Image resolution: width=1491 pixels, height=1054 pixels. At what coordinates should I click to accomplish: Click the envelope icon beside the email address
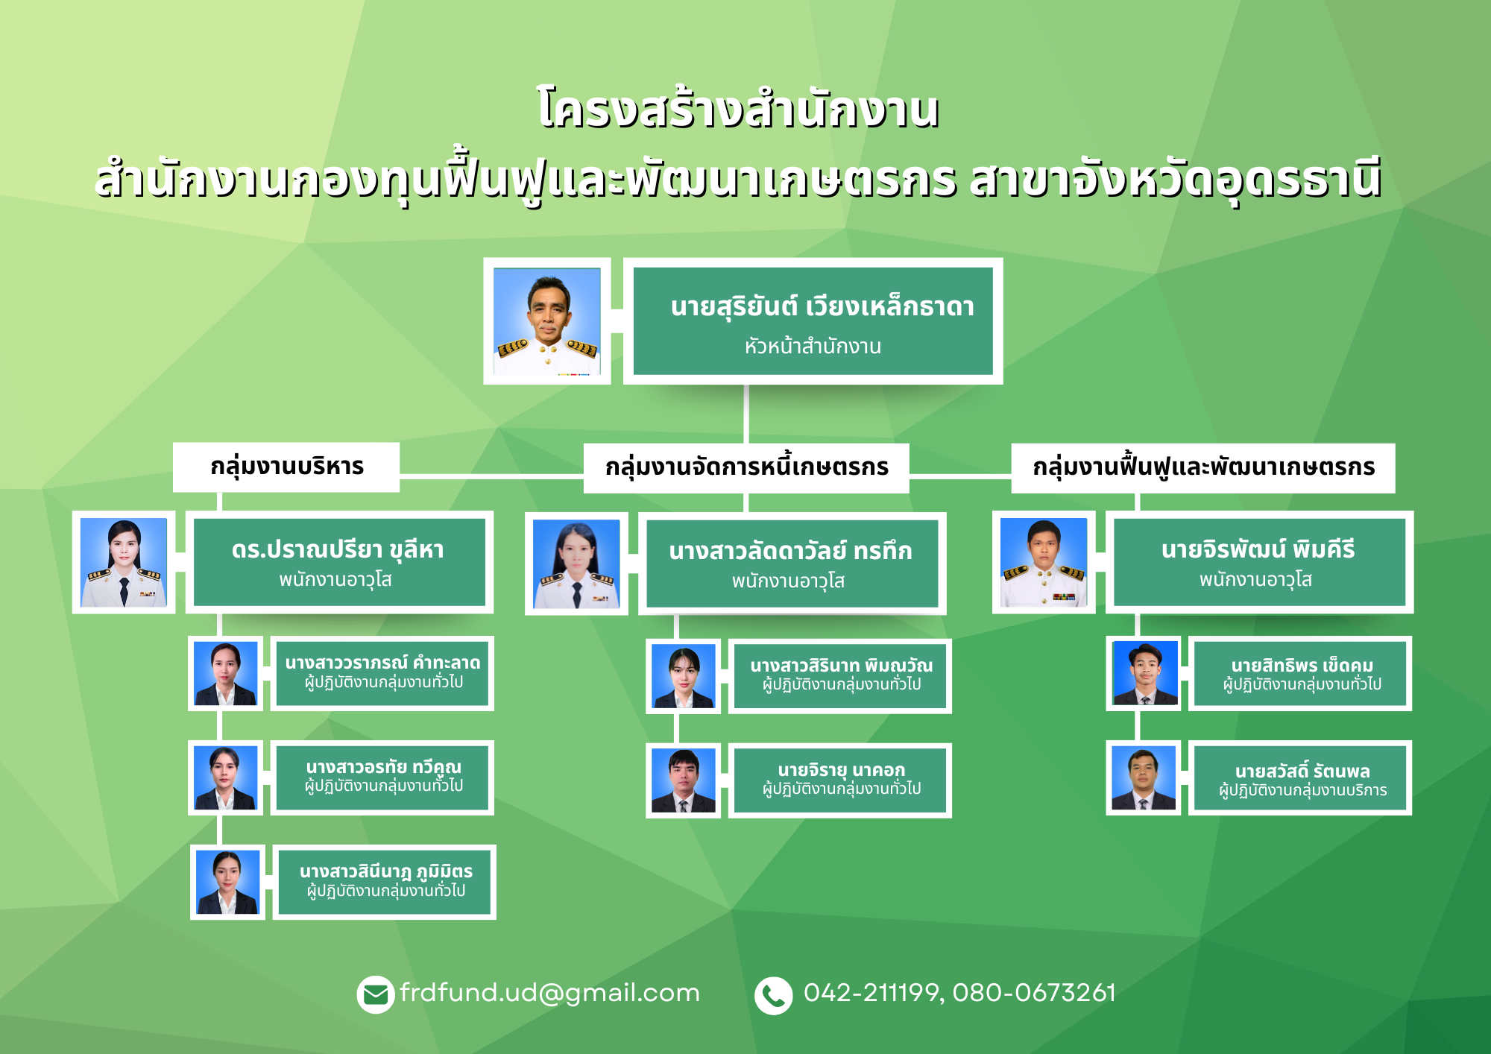[375, 994]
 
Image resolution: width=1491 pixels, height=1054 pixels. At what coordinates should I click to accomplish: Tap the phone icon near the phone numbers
[773, 995]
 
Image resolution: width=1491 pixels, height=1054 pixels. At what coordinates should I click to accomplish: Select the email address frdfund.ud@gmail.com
[549, 993]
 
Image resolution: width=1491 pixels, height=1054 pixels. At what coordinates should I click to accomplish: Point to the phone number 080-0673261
[1034, 993]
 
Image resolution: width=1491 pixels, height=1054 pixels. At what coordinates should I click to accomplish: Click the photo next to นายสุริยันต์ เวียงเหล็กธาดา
[547, 321]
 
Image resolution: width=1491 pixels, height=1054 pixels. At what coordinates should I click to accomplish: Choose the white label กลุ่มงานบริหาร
[286, 467]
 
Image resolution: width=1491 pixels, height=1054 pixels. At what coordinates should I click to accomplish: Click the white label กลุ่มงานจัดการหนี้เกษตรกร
[746, 467]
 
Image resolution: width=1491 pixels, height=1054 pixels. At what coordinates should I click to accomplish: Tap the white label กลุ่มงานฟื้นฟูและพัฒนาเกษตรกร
[1203, 467]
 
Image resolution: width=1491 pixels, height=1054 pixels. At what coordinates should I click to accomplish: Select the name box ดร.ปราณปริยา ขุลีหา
[339, 562]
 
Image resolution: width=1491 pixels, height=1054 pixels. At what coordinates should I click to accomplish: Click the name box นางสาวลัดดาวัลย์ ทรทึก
[792, 564]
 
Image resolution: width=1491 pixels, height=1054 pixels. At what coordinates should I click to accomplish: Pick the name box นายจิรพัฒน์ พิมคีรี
[1259, 562]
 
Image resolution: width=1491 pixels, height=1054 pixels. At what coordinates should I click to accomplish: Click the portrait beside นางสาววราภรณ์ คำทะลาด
[225, 673]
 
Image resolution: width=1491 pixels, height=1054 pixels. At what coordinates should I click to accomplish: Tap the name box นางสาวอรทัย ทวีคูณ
[382, 777]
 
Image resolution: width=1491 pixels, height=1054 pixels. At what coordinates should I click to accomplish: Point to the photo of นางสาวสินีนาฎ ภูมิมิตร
[227, 882]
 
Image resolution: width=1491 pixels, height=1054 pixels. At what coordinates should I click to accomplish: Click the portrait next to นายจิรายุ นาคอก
[683, 780]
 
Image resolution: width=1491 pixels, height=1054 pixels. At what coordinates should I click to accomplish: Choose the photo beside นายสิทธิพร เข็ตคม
[1144, 673]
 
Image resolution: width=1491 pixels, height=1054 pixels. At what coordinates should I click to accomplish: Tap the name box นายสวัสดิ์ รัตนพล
[1300, 777]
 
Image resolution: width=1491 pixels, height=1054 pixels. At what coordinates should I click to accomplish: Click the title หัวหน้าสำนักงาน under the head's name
[813, 346]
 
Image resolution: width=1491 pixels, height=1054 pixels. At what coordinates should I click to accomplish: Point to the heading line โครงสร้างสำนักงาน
[737, 109]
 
